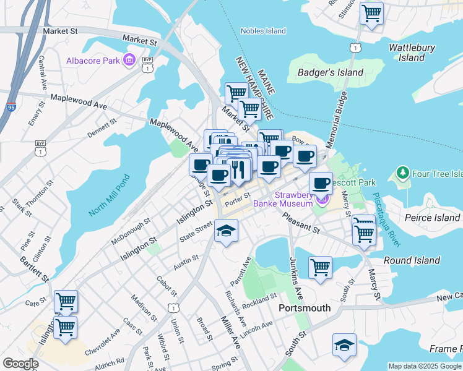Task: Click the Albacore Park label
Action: [92, 60]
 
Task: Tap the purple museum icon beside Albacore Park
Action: [129, 60]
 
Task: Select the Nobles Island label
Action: [263, 31]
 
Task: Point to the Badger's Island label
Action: [331, 72]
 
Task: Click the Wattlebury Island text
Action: [412, 53]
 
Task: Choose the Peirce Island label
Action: [431, 217]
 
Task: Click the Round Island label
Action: [412, 260]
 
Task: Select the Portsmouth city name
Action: [305, 307]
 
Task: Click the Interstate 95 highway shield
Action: [11, 108]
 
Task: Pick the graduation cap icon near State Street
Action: [227, 231]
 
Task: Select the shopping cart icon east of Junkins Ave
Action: [320, 267]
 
